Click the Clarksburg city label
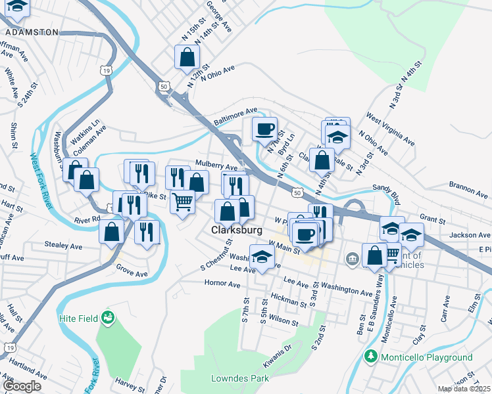pos(237,230)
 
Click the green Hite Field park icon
pos(107,319)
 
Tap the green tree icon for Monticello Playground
pos(371,357)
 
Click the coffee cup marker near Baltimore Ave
pos(264,129)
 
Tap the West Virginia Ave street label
pos(391,131)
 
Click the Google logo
pos(22,386)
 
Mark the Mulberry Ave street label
pos(216,165)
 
